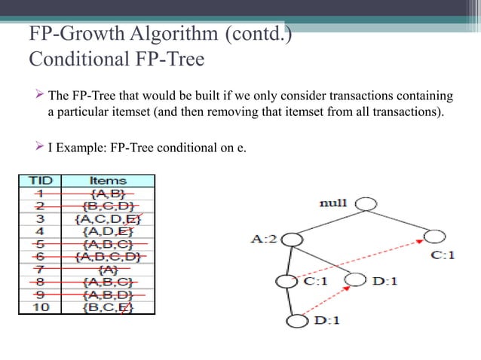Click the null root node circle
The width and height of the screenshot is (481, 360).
coord(366,203)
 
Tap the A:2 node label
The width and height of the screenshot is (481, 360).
coord(265,240)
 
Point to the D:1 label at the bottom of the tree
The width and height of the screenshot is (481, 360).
coord(327,320)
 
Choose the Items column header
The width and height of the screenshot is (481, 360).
coord(108,181)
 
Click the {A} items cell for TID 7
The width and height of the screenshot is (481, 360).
coord(108,268)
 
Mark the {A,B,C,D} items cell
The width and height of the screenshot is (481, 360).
coord(108,256)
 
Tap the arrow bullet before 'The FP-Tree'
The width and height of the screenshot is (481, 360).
coord(41,97)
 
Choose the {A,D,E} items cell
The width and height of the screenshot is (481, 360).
coord(108,231)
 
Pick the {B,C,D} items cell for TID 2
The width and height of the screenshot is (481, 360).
coord(108,206)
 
